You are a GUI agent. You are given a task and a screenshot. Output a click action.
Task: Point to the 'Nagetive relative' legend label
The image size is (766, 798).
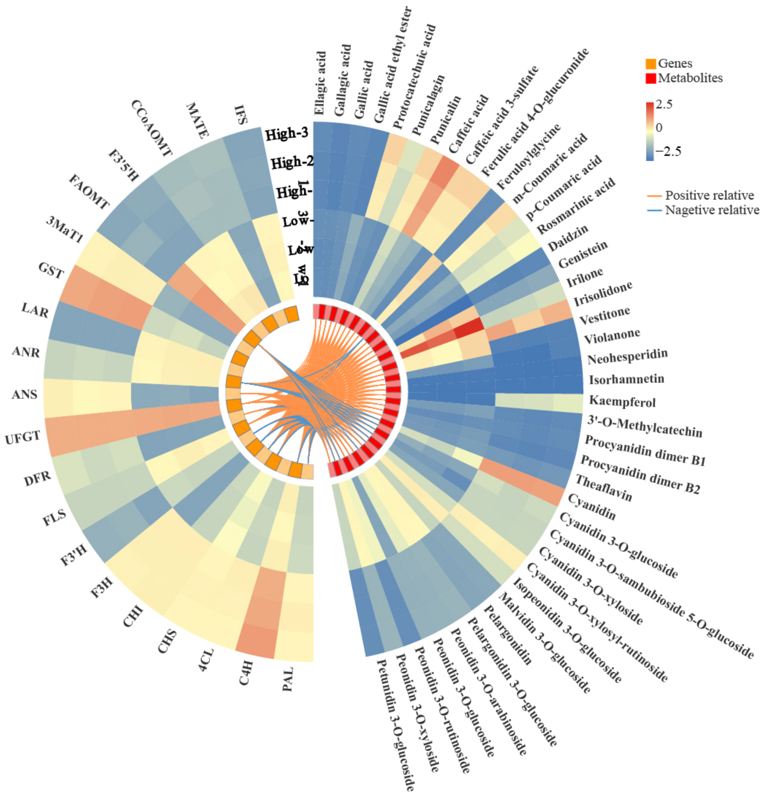(x=712, y=210)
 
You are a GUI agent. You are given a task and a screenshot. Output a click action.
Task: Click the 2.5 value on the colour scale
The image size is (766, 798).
(x=664, y=104)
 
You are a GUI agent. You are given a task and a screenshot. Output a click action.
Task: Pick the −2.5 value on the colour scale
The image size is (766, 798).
(x=668, y=151)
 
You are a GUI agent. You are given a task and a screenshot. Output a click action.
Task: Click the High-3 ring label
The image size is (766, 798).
(x=287, y=134)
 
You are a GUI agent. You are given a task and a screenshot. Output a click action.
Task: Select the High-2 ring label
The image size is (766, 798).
(x=292, y=163)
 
